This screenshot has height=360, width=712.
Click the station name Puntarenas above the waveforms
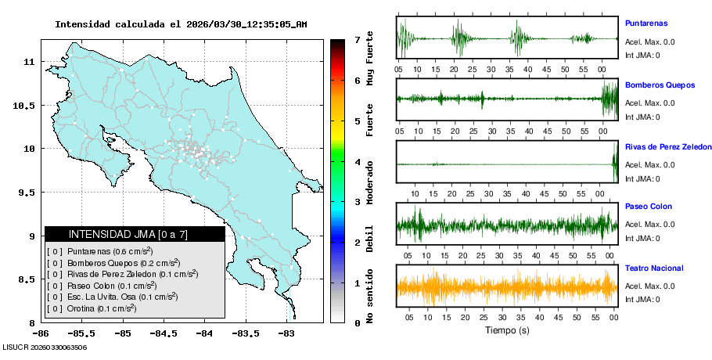pos(645,23)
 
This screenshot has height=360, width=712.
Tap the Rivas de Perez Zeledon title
pos(668,146)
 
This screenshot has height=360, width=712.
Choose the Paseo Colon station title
pos(648,207)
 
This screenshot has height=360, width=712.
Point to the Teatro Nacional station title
pos(654,268)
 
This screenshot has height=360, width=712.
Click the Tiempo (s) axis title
pos(506,330)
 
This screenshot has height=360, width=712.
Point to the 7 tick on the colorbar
pos(357,39)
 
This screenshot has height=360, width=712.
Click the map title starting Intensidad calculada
pos(181,24)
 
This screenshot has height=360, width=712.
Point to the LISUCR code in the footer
pos(45,347)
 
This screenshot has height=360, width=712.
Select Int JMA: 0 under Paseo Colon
pos(642,238)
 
